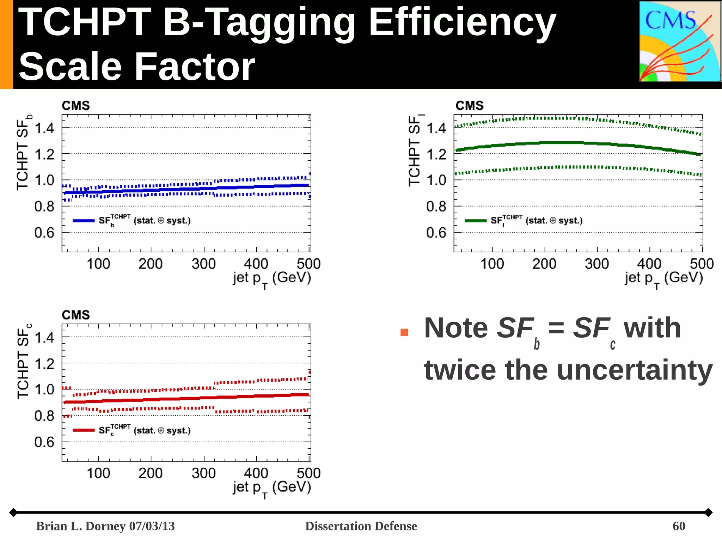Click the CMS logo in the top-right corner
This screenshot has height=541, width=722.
pos(679,42)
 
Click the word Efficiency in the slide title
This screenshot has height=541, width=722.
pos(462,23)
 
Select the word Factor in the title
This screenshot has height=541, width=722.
pos(195,66)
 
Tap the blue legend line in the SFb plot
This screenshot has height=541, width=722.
pos(84,221)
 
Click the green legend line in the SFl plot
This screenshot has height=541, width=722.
pos(475,221)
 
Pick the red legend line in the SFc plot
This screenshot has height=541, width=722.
pos(84,430)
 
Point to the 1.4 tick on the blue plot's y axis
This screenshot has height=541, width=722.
pos(44,128)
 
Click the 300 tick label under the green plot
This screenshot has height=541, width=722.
pos(596,264)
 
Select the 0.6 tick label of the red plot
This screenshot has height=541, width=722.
pos(44,442)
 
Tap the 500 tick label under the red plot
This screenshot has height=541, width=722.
pos(308,473)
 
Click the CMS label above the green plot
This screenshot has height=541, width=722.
pos(469,106)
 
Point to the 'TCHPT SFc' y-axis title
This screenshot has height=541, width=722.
pos(23,361)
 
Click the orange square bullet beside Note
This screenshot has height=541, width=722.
pos(404,332)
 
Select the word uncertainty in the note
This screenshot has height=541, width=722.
pos(609,370)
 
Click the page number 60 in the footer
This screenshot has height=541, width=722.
pos(679,526)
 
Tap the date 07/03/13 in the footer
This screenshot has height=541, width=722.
pos(152,526)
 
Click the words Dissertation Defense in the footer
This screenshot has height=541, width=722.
pos(361,526)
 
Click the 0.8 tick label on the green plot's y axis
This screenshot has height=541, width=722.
pos(436,207)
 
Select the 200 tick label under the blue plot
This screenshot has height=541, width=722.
pos(151,264)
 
